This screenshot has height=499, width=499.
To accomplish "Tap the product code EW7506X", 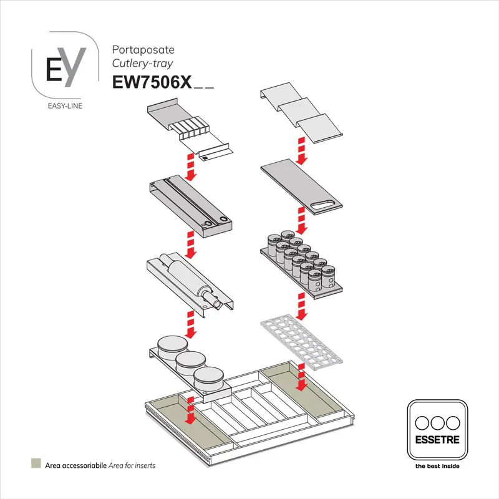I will click(151, 83).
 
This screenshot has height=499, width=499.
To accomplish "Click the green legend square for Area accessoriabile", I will click(36, 465).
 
